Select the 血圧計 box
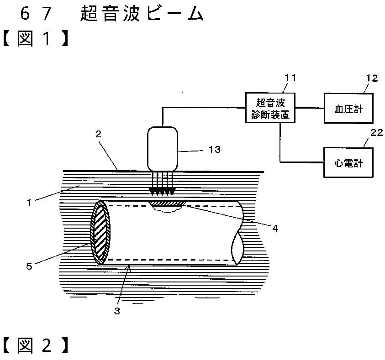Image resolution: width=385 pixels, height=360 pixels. point(348,108)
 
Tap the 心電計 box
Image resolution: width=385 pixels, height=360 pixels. point(348,162)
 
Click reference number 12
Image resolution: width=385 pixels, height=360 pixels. point(372,78)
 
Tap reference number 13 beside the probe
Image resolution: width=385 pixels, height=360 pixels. point(214,149)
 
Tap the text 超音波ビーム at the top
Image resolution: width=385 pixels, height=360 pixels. point(141,14)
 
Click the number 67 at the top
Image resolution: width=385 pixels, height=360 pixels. point(34,14)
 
